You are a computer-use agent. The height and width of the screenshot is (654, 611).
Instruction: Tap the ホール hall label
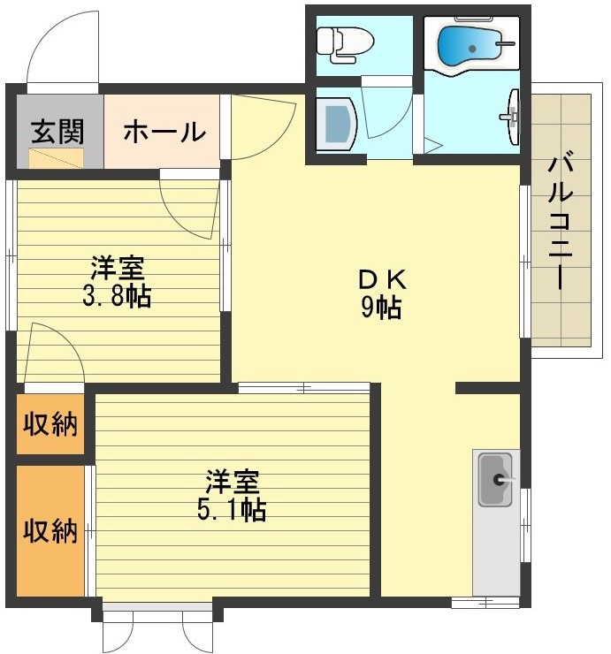pos(164,132)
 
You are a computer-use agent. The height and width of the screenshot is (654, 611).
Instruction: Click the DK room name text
pos(381,279)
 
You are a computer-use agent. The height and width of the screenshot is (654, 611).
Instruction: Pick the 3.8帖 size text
pos(117,295)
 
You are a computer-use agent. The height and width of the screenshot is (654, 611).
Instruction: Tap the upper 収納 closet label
pos(50,424)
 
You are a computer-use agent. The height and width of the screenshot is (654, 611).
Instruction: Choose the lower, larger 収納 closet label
pos(50,531)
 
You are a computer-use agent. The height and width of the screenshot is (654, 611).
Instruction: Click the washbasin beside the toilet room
pos(337,124)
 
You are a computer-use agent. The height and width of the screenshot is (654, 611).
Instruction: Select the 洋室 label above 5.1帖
pos(233,482)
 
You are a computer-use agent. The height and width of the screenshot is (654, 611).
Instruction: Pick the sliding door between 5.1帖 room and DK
pos(303,387)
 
